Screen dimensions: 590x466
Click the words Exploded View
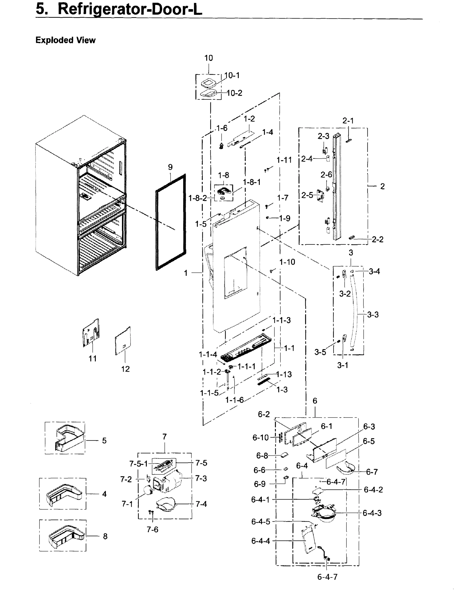point(65,40)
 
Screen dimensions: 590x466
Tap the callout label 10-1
point(232,75)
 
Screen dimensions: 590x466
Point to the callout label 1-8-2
point(198,198)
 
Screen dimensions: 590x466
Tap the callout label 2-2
point(377,239)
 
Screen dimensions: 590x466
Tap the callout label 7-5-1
point(138,463)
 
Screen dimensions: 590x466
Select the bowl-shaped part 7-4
point(165,504)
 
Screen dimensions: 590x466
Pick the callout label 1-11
point(284,160)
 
